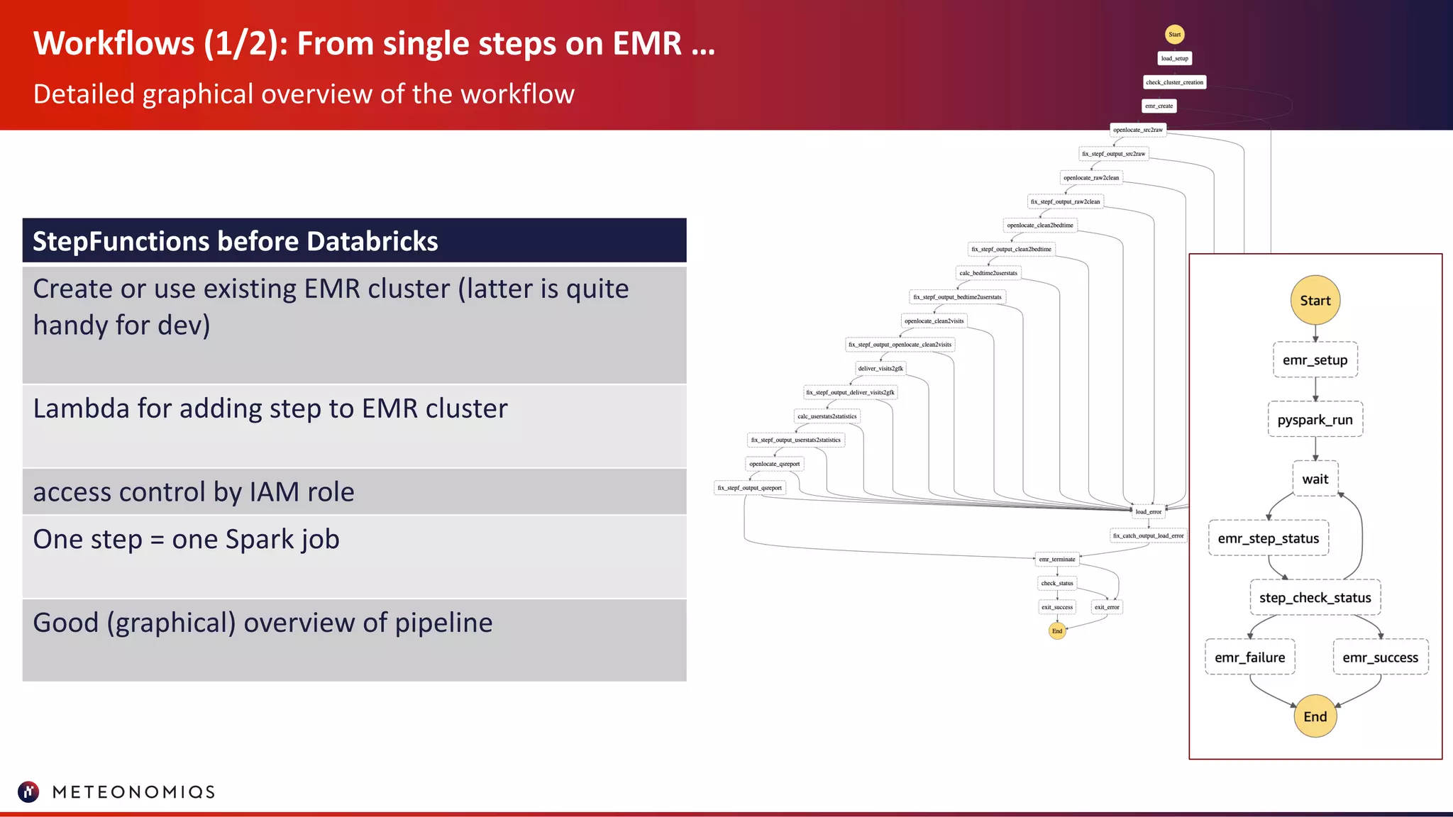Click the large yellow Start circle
point(1315,300)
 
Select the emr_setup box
point(1315,360)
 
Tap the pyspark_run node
point(1315,419)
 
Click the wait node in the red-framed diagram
point(1315,479)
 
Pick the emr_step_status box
point(1268,538)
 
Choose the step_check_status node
point(1315,598)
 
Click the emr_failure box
point(1249,657)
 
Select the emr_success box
point(1380,657)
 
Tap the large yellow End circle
point(1315,716)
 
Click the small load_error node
point(1148,511)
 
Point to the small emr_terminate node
point(1057,559)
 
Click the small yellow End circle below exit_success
point(1057,630)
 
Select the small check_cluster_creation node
point(1174,82)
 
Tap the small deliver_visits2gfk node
point(880,368)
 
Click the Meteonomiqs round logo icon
point(28,791)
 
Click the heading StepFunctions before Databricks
point(235,241)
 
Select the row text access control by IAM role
point(193,492)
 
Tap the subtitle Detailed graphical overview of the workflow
point(304,94)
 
